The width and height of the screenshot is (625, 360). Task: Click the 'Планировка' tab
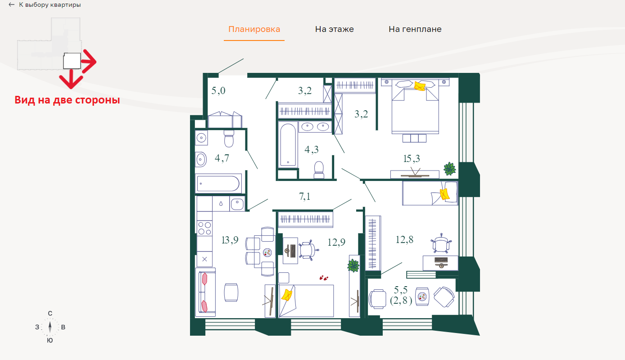pyautogui.click(x=254, y=29)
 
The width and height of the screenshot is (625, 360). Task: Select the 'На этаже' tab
pyautogui.click(x=334, y=29)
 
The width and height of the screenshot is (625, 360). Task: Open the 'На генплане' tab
pyautogui.click(x=415, y=29)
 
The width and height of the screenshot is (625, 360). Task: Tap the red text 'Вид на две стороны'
pyautogui.click(x=67, y=100)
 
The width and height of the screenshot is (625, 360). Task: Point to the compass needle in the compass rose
pyautogui.click(x=50, y=327)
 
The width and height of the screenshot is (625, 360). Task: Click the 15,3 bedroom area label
pyautogui.click(x=412, y=159)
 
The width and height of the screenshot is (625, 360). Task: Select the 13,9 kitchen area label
pyautogui.click(x=230, y=240)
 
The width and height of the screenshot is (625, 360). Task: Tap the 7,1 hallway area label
pyautogui.click(x=305, y=196)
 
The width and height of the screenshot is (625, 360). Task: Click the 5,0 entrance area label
pyautogui.click(x=218, y=90)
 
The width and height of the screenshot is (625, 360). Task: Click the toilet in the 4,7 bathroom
pyautogui.click(x=229, y=139)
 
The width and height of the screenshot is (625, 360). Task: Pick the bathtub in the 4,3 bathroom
pyautogui.click(x=288, y=145)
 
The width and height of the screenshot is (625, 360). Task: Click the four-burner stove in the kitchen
pyautogui.click(x=204, y=228)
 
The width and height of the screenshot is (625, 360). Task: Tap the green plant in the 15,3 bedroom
pyautogui.click(x=449, y=169)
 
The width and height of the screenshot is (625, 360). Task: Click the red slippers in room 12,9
pyautogui.click(x=324, y=278)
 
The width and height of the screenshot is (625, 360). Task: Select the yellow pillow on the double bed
pyautogui.click(x=419, y=86)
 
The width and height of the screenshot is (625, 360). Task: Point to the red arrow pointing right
pyautogui.click(x=89, y=61)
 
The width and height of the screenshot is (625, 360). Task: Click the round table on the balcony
pyautogui.click(x=422, y=297)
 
